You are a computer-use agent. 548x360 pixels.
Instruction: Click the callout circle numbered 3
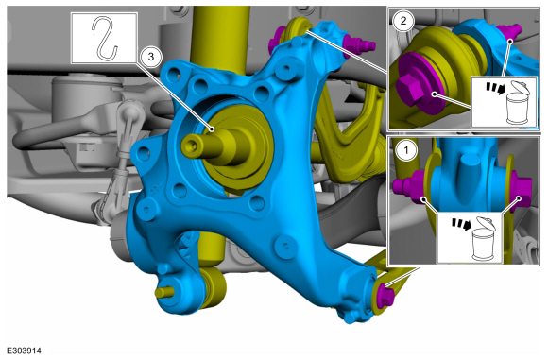point(150,57)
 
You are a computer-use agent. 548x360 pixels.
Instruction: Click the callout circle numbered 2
point(402,21)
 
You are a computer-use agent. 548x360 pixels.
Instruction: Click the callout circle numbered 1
point(405,150)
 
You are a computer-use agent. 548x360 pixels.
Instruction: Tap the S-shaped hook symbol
point(104,38)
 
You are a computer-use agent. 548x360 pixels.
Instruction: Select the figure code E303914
point(25,351)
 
